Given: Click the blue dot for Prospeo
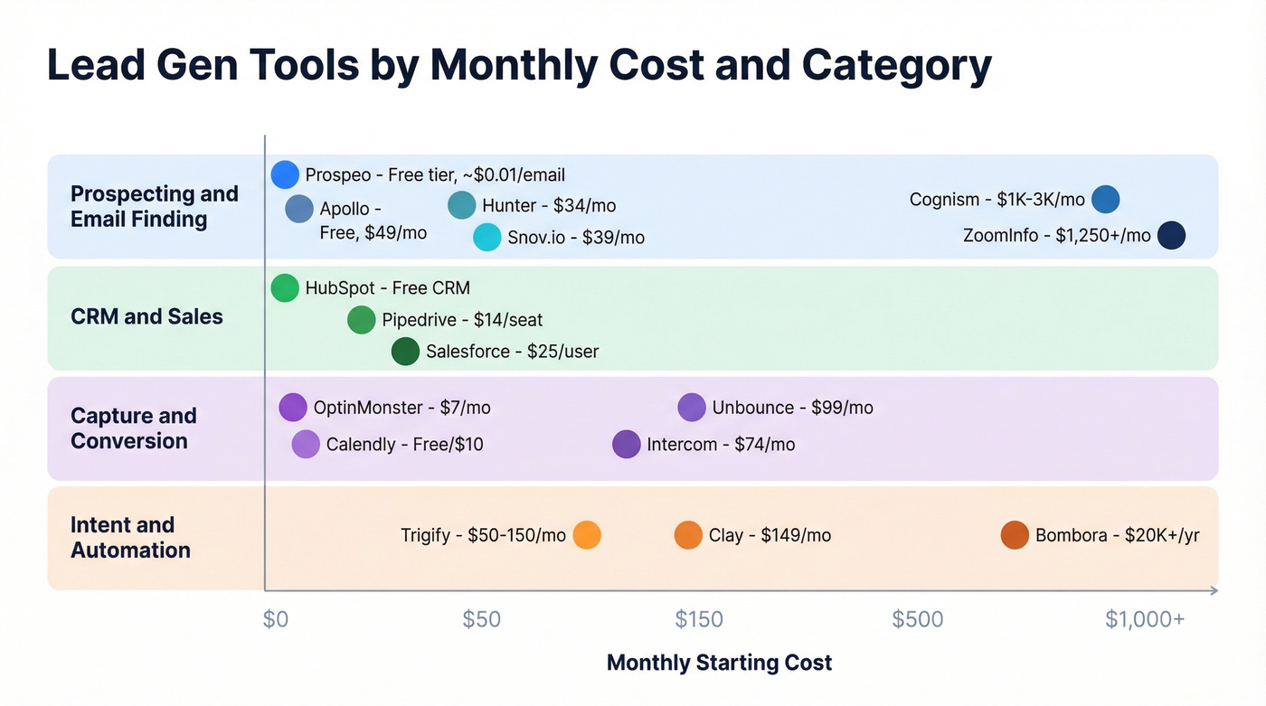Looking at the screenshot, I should (x=285, y=174).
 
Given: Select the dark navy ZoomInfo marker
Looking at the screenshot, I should (x=1171, y=235).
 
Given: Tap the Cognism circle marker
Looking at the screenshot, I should (x=1105, y=199).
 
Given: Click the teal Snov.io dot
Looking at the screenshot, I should (x=487, y=237).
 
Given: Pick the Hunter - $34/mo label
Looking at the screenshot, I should (x=549, y=206).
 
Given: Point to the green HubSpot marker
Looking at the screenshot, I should (x=285, y=287).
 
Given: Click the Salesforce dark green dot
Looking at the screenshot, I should (x=405, y=351).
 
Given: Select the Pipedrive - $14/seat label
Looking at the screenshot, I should (x=462, y=320).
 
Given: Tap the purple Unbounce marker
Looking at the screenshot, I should (x=691, y=407).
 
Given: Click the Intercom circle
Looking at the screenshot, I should (x=626, y=444).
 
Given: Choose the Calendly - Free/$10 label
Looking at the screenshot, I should (x=404, y=444).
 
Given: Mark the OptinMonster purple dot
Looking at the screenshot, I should (x=293, y=407).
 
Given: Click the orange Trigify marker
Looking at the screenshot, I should (x=587, y=535).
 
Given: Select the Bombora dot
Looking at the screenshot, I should (x=1015, y=535).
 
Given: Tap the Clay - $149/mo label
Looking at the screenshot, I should (x=770, y=535).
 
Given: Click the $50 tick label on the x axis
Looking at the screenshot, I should (x=481, y=619).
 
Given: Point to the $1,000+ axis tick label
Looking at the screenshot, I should (x=1144, y=619).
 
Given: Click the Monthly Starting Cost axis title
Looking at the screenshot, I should (x=719, y=663).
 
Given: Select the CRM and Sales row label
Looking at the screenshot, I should (x=146, y=316).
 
